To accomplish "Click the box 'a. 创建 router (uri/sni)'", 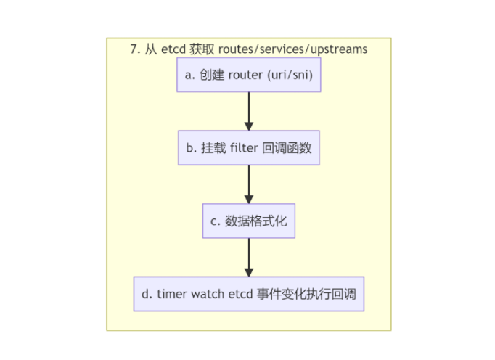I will click(248, 75).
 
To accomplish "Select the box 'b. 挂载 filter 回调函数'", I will click(248, 148).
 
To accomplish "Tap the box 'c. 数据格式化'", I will click(248, 221).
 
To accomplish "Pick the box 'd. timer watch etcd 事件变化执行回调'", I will click(248, 294).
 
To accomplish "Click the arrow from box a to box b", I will click(248, 111).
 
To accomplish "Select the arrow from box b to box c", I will click(248, 184).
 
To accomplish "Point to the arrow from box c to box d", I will click(248, 257).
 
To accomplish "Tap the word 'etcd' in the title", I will click(173, 49).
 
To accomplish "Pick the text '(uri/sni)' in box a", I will click(291, 75).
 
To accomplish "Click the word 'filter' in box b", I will click(243, 148).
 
